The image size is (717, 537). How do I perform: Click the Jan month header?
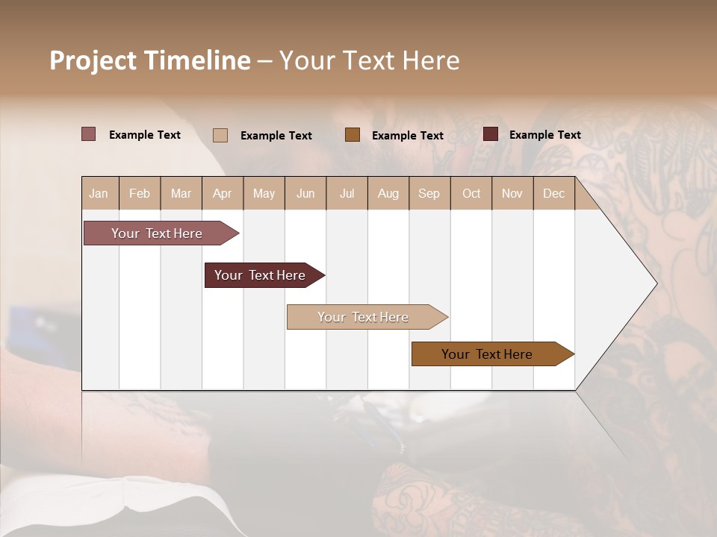click(99, 193)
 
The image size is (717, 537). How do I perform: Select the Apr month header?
click(223, 193)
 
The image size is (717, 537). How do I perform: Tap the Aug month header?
click(388, 193)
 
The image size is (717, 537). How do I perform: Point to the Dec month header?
click(554, 193)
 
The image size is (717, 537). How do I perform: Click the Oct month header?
click(471, 193)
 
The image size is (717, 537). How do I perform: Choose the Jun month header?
click(305, 193)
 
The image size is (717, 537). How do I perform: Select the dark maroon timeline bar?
click(261, 275)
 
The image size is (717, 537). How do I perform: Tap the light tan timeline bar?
click(364, 317)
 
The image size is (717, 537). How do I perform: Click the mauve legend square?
click(89, 134)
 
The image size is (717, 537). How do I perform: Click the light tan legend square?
click(220, 135)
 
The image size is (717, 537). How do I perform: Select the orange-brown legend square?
click(353, 135)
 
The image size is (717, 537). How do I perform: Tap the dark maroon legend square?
click(491, 134)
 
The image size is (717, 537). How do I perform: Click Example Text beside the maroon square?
click(544, 135)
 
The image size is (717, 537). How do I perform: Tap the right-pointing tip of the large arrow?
click(654, 283)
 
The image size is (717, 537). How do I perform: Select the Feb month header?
click(140, 193)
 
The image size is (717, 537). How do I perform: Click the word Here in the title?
click(431, 60)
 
